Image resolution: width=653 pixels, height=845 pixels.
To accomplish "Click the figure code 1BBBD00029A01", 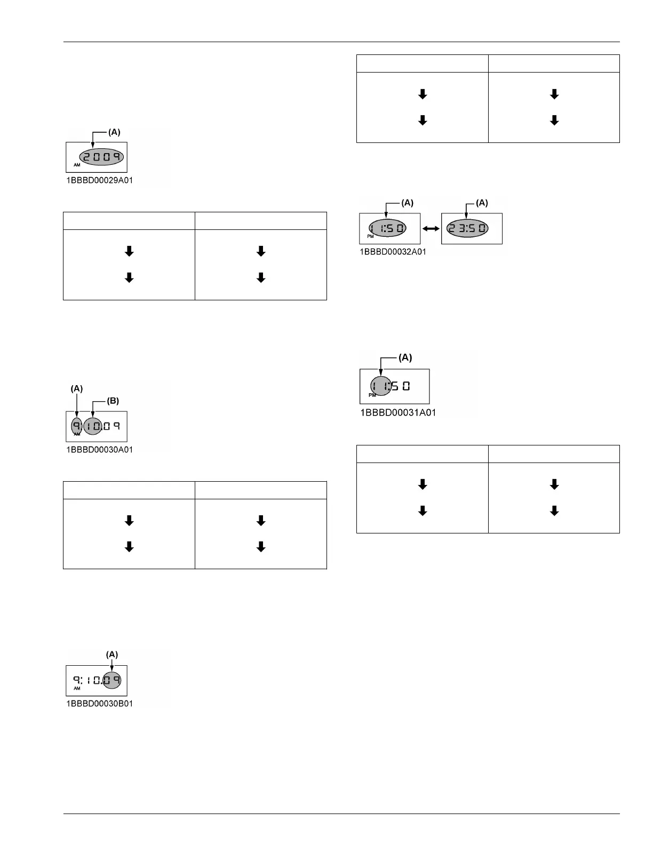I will point(99,180).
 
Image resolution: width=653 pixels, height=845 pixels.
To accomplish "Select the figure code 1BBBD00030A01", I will point(99,450).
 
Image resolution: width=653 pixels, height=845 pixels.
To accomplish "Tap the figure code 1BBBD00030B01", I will point(99,704).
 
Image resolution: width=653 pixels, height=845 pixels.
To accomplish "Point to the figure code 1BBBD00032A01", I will point(393,252).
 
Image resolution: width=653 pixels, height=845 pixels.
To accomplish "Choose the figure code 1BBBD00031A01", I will point(398,412).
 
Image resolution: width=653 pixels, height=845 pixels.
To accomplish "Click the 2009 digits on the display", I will point(101,157).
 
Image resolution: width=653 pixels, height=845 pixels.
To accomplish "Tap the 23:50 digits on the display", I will point(467,228).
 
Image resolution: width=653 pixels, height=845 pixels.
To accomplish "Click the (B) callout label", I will point(113,401).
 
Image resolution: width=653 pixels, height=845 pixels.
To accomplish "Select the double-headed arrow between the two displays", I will point(431,228).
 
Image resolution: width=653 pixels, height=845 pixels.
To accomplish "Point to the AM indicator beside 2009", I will point(77,165).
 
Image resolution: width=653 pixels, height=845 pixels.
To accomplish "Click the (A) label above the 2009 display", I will point(114,132).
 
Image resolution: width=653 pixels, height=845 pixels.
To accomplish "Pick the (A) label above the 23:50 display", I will point(482,203).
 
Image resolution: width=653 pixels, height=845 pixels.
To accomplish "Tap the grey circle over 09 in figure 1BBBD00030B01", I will point(112,680).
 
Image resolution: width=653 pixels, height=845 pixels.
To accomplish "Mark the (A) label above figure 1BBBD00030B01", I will point(112,654).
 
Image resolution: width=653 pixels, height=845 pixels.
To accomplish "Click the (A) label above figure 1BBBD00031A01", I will point(405,357).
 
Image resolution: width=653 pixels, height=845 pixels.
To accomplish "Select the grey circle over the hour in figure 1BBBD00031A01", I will point(381,386).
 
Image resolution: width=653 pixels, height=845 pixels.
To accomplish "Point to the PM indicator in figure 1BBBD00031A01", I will point(372,395).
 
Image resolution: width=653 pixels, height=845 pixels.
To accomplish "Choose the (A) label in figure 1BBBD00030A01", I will point(77,389).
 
